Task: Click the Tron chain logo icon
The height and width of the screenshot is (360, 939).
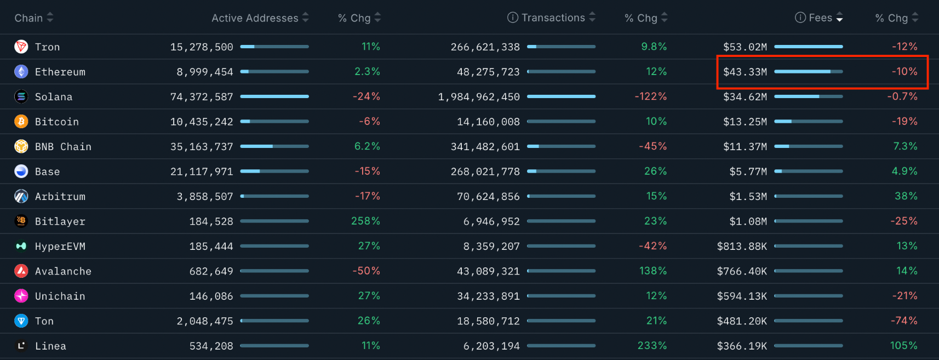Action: click(21, 47)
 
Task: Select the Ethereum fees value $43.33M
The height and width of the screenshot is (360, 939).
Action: click(745, 72)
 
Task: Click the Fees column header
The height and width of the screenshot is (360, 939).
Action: click(820, 18)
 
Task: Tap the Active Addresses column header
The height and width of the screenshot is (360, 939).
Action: click(255, 18)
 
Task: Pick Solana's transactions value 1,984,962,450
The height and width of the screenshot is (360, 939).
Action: click(479, 97)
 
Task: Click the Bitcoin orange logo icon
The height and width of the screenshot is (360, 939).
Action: click(21, 122)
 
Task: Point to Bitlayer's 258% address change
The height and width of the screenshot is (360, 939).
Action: click(365, 221)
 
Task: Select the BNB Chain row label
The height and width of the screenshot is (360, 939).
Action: click(63, 147)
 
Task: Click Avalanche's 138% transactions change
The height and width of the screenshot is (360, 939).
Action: click(653, 271)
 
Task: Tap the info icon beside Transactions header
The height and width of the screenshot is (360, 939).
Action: click(513, 18)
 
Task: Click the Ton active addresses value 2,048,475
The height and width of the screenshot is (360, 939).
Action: click(205, 321)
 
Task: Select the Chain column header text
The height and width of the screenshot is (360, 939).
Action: click(28, 18)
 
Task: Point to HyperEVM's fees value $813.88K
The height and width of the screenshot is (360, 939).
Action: click(742, 247)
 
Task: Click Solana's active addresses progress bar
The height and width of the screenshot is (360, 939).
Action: click(274, 96)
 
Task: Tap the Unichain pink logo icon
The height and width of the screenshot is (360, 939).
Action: click(21, 296)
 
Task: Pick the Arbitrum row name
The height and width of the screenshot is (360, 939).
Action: click(60, 196)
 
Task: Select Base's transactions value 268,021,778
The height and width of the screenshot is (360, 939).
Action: click(485, 172)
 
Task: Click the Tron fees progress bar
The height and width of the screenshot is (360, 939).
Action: click(809, 47)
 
